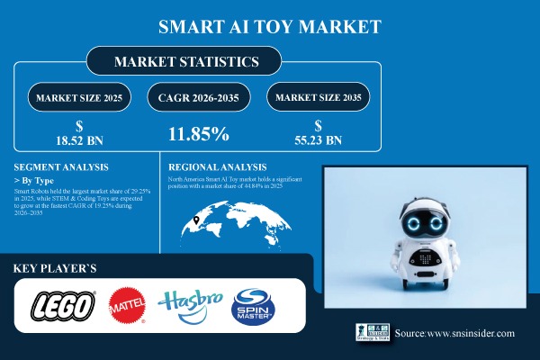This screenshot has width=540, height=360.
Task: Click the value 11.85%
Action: (x=199, y=136)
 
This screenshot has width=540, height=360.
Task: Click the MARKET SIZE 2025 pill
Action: (x=76, y=97)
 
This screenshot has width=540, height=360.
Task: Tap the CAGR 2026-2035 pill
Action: (x=199, y=97)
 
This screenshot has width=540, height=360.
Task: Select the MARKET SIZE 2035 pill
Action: (x=321, y=97)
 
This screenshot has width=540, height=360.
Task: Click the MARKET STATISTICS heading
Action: (x=184, y=62)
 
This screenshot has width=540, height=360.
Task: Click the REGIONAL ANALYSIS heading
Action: (x=218, y=167)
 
